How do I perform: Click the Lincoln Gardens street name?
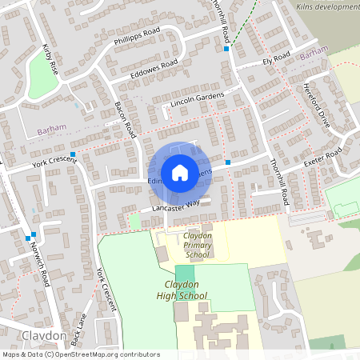pyautogui.click(x=195, y=101)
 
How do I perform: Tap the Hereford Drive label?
pyautogui.click(x=317, y=105)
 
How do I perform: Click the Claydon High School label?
pyautogui.click(x=182, y=290)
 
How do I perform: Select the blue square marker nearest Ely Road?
pyautogui.click(x=227, y=49)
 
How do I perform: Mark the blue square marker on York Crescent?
pyautogui.click(x=73, y=154)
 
